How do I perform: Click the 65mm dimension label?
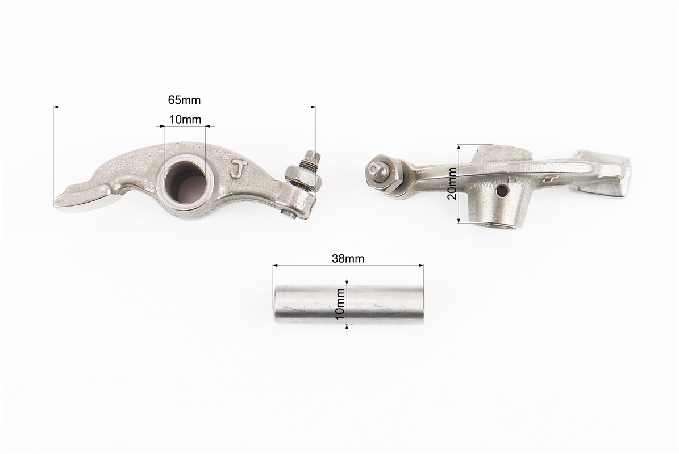[x=184, y=100]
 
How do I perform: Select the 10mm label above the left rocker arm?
[x=185, y=119]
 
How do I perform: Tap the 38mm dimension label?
[x=348, y=259]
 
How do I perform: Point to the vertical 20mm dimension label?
[x=452, y=183]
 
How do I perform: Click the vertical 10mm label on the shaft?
[x=340, y=304]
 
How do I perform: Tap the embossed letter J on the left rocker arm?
[x=236, y=169]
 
